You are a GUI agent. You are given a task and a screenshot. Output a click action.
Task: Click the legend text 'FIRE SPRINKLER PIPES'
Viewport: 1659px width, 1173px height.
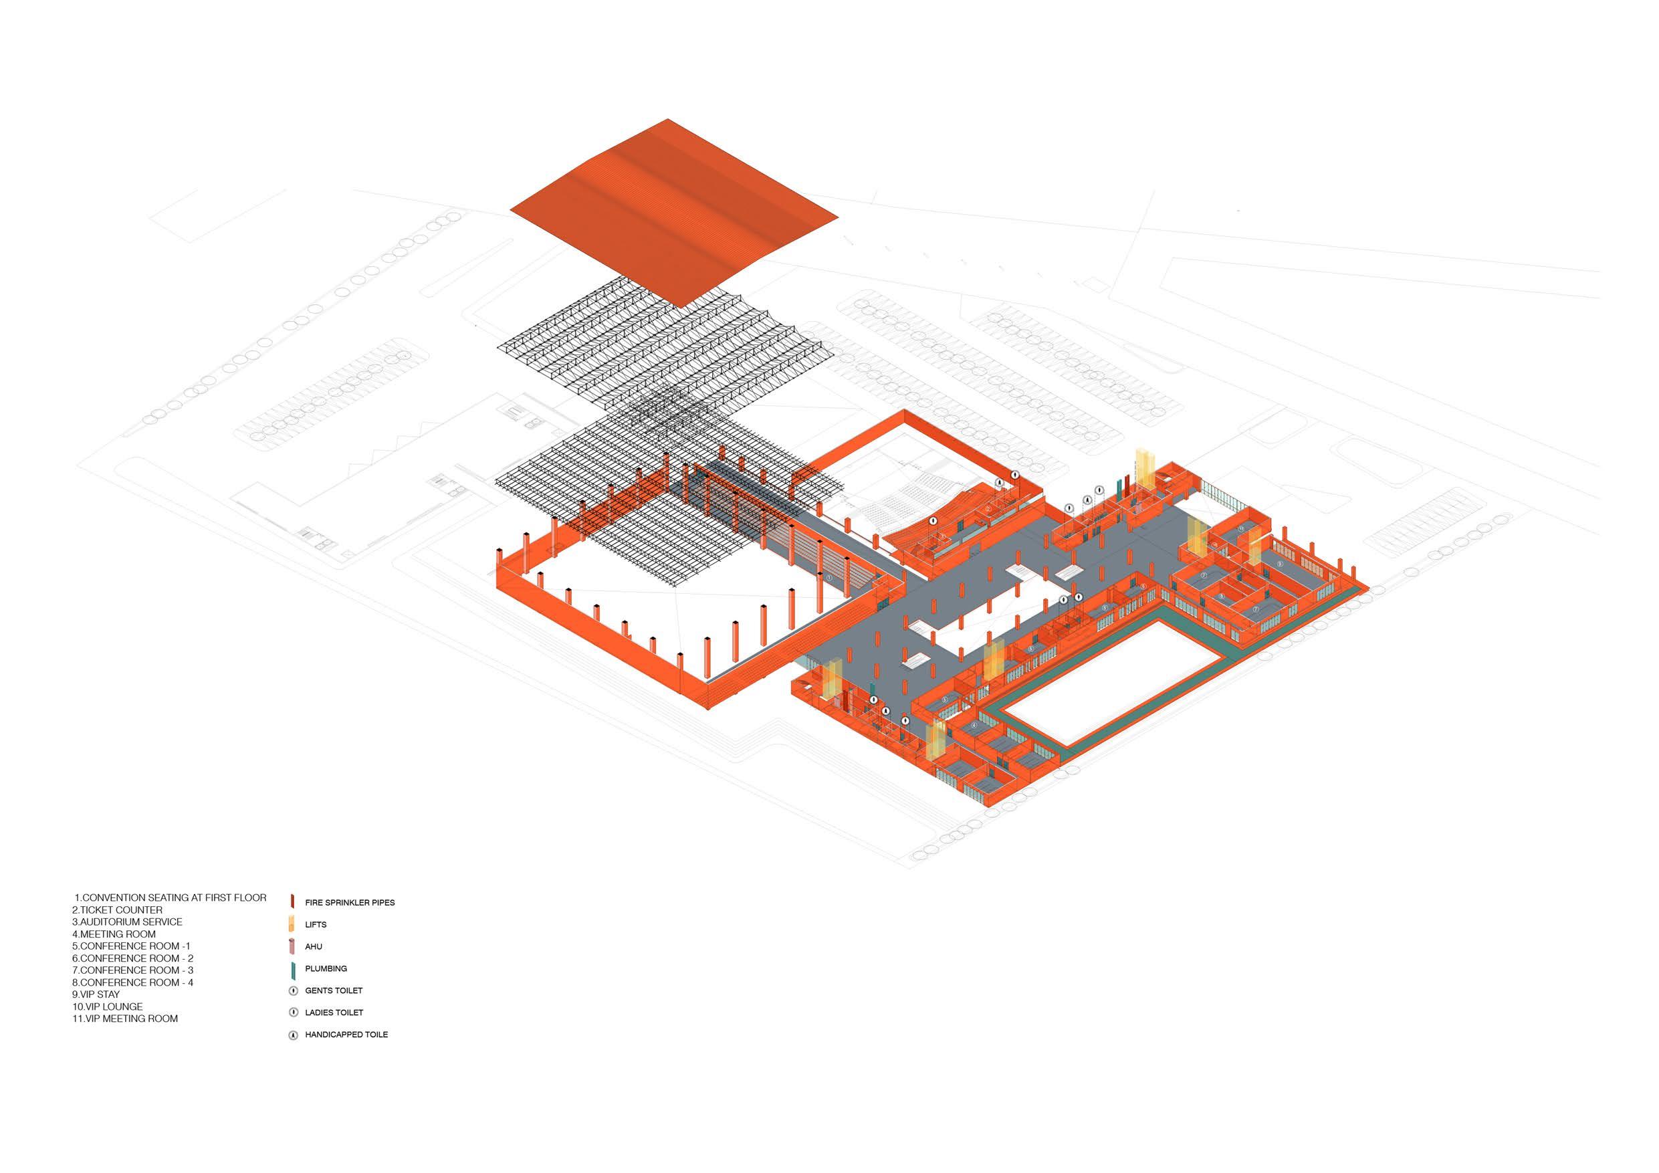tap(349, 903)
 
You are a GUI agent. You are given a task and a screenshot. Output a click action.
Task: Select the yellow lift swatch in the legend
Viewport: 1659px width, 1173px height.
tap(293, 924)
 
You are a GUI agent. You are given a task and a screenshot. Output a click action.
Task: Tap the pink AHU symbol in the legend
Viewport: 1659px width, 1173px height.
tap(293, 946)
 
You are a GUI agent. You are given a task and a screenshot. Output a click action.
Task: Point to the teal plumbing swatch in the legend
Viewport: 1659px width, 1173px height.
tap(294, 968)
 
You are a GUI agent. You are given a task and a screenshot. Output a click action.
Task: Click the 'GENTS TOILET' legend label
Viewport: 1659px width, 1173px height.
tap(333, 990)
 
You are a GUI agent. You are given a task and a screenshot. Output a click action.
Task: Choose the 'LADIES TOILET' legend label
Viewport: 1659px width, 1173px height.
tap(334, 1012)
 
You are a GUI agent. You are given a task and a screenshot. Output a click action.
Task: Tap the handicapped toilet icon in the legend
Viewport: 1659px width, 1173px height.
tap(294, 1035)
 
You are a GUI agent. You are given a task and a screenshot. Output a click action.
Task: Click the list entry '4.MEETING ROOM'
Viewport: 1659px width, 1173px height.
tap(114, 934)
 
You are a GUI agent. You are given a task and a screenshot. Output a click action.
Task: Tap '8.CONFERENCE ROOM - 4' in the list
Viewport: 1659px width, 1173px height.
tap(133, 982)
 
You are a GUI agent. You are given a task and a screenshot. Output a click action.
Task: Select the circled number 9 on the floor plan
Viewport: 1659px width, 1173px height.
tap(1280, 563)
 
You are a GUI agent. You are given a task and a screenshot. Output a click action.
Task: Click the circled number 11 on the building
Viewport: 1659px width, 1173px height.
tap(1240, 529)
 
